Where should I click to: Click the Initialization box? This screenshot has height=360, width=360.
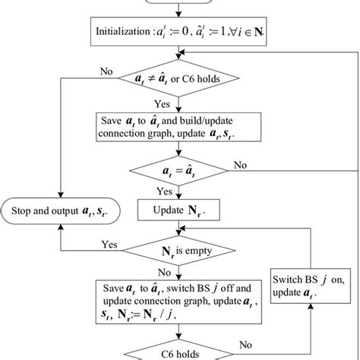point(180,33)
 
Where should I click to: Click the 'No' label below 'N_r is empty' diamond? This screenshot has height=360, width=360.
point(164,270)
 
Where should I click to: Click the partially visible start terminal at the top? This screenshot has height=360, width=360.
point(180,4)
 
